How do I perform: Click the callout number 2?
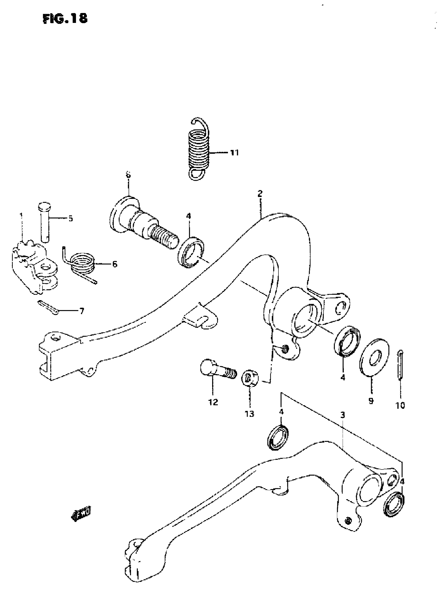(260, 193)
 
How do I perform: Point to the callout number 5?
(70, 219)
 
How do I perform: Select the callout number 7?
(82, 311)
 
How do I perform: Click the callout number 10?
(400, 406)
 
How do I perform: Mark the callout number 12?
(213, 402)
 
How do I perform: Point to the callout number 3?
(342, 415)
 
